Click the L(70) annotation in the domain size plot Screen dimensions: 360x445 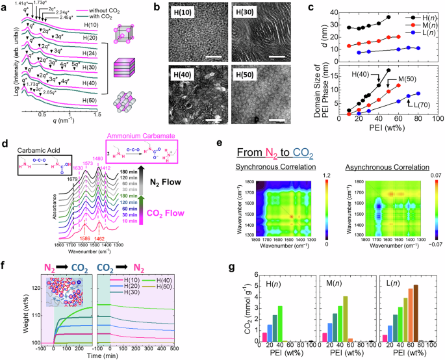(x=414, y=103)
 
